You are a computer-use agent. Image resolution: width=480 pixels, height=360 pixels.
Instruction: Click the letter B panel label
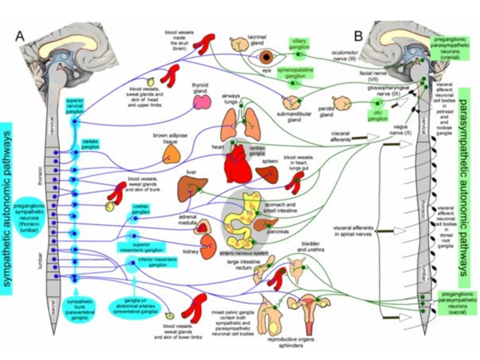(x=358, y=36)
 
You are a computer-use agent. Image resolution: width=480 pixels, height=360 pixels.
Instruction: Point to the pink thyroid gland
(x=200, y=102)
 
